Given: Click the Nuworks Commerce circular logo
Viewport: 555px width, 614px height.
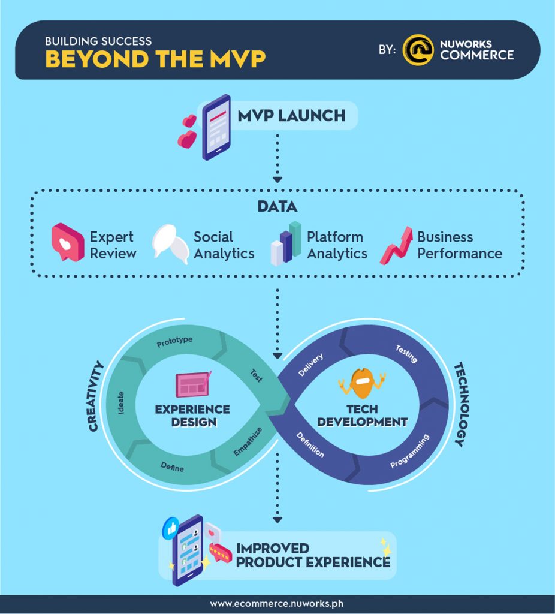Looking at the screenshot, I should (x=418, y=50).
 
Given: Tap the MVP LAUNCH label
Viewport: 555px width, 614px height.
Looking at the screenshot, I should (x=292, y=115).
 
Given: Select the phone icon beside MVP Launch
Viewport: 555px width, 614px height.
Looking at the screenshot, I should (x=216, y=127).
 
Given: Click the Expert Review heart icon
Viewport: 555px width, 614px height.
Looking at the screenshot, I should (x=67, y=242).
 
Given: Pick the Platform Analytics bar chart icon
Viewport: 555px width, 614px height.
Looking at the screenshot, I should (x=286, y=243).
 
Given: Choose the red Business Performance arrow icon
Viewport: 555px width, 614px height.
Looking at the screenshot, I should (x=396, y=245).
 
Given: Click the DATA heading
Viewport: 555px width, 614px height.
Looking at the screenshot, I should (x=277, y=207).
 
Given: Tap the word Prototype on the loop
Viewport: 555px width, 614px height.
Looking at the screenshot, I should (x=174, y=342).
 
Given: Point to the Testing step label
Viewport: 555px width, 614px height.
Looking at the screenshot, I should (x=406, y=354).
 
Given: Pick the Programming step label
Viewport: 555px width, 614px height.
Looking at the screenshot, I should (x=410, y=452).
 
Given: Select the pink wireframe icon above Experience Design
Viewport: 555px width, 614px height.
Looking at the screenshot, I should (x=192, y=384).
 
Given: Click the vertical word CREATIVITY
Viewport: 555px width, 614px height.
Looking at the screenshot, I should (x=95, y=396).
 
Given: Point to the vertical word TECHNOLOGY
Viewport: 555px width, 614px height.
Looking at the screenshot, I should (x=459, y=404).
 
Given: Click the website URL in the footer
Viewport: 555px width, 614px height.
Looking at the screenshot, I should (x=277, y=604).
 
